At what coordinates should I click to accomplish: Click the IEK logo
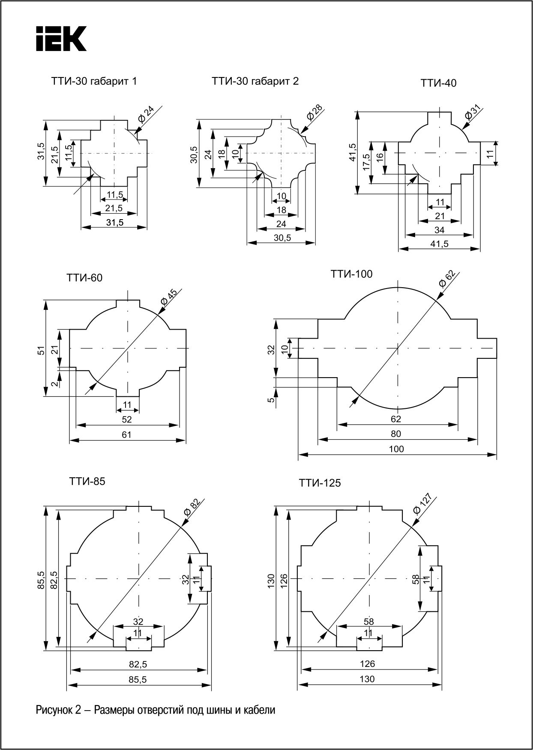pos(61,39)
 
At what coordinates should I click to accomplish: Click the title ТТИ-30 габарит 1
pos(94,81)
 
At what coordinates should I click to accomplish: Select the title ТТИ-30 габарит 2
pos(255,81)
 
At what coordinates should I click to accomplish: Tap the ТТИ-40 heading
pos(438,83)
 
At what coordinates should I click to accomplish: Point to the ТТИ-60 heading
pos(84,278)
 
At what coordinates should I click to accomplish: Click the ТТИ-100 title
pos(351,274)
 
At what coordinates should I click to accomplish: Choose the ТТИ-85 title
pos(87,481)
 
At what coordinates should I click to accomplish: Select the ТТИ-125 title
pos(320,483)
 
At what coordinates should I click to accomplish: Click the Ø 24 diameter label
pos(146,116)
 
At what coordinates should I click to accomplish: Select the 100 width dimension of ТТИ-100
pos(397,449)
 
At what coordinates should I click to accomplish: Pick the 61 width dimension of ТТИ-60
pos(127,435)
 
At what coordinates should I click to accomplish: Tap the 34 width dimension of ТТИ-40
pos(439,230)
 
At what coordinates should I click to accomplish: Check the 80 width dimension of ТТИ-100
pos(396,434)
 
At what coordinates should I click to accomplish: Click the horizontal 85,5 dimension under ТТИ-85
pos(138,679)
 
